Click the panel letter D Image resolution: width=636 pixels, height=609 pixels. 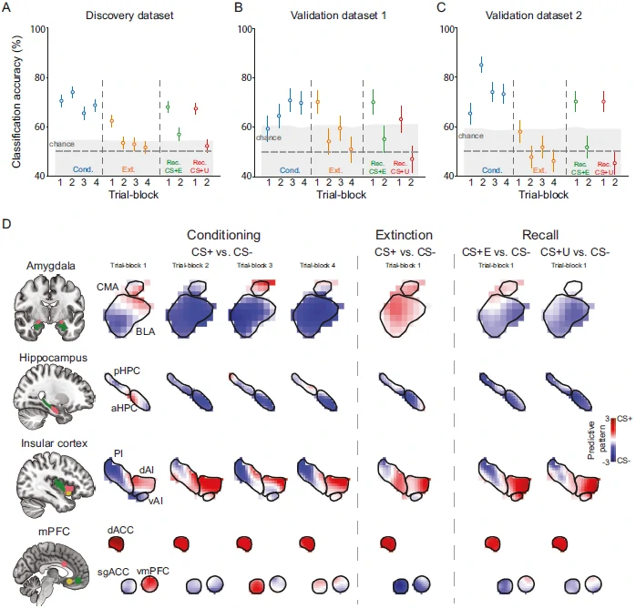coord(7,222)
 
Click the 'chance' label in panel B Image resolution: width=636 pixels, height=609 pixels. coord(269,137)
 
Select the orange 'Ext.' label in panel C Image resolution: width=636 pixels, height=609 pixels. coord(539,170)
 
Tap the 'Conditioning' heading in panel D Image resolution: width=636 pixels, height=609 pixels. coord(223,233)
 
